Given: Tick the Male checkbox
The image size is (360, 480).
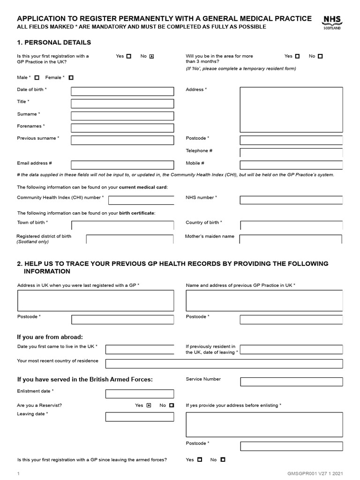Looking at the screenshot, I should tap(37, 78).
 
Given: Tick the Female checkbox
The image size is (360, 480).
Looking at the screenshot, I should tap(71, 78).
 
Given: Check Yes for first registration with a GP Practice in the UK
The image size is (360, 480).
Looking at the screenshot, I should tap(129, 56).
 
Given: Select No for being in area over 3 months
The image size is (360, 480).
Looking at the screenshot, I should tap(320, 56).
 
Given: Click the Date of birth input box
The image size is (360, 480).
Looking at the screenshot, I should tap(122, 91).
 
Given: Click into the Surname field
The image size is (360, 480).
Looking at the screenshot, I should tap(122, 116).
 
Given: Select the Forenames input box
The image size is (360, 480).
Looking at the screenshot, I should tap(122, 128).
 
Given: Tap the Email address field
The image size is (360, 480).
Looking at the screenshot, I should tap(122, 165).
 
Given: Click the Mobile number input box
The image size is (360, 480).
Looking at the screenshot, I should tap(291, 165).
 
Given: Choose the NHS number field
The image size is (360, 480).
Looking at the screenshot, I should tap(291, 200).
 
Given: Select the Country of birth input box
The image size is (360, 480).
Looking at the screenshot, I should tap(291, 225).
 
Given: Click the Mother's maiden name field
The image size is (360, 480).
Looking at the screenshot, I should tap(291, 239).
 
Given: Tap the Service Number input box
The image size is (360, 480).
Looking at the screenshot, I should tap(291, 382).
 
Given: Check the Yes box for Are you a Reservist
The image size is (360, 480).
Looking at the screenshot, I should tap(149, 405).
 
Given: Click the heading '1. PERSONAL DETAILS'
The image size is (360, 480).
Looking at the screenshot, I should tap(54, 43).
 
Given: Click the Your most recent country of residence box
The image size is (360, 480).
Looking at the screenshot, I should tap(224, 363).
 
